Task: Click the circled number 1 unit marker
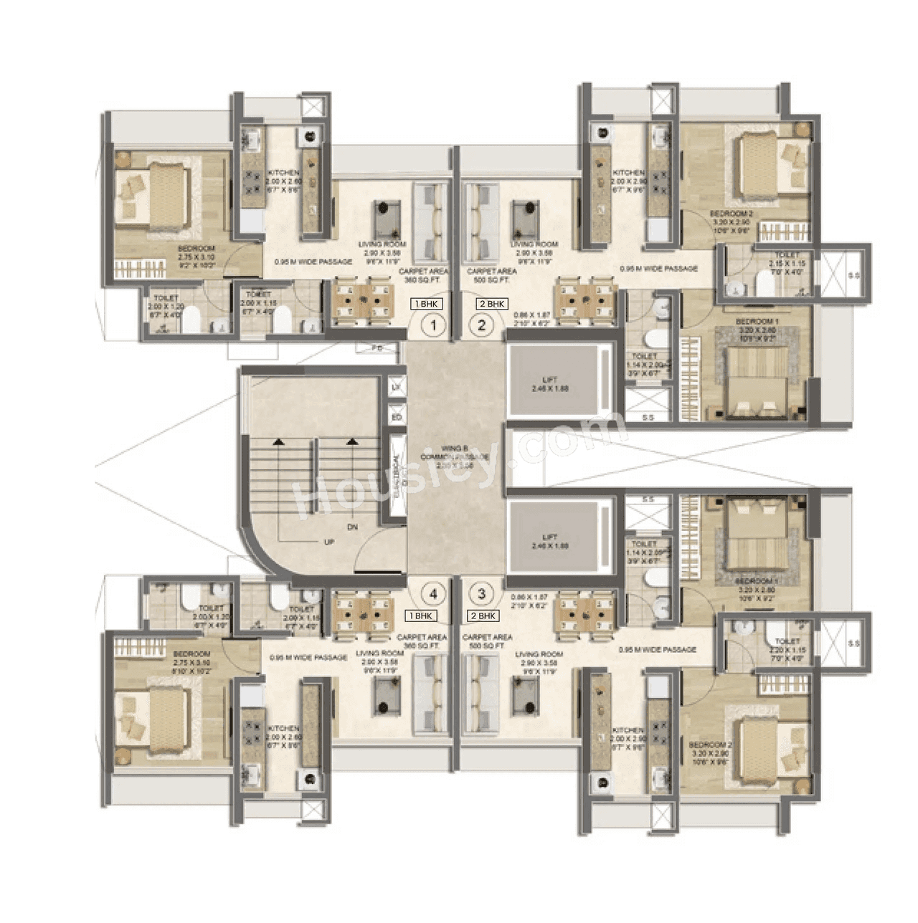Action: [x=433, y=327]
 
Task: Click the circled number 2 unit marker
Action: [x=482, y=327]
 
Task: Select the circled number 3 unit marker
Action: [x=482, y=593]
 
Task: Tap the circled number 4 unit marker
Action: [x=433, y=593]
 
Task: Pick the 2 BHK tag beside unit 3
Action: [x=483, y=616]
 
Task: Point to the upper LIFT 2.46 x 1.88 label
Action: [x=550, y=384]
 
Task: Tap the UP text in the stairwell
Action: [x=329, y=542]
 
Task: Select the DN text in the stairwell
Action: [x=352, y=527]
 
